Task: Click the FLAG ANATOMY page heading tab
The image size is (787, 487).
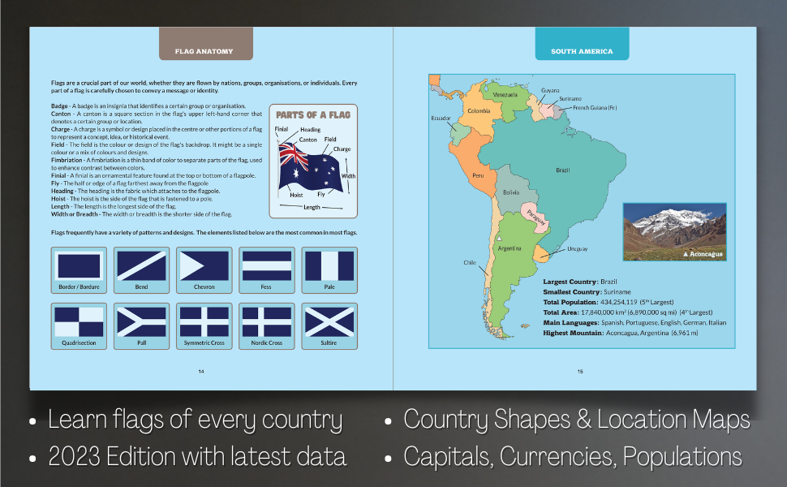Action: coord(204,51)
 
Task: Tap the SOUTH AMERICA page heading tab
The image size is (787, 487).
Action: coord(581,51)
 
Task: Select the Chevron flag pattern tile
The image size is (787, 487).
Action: coord(204,269)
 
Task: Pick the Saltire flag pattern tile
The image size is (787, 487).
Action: coord(329,325)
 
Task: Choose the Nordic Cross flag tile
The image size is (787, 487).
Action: coord(266,325)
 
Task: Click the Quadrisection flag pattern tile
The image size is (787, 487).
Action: coord(78,325)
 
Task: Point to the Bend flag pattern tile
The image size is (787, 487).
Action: coord(141,269)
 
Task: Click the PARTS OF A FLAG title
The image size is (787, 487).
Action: coord(312,115)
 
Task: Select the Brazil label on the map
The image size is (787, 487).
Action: coord(561,170)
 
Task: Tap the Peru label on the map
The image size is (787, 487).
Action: coord(478,175)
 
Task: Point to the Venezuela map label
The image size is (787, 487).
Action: coord(505,95)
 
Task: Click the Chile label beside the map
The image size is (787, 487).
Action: coord(469,262)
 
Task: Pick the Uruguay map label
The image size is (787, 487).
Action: coord(577,248)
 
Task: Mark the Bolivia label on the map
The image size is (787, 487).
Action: coord(510,192)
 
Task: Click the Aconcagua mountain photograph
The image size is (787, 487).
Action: coord(673,231)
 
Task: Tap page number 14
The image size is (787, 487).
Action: coord(201,371)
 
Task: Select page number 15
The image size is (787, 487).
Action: coord(580,371)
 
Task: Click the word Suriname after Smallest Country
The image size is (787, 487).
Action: coord(616,291)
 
